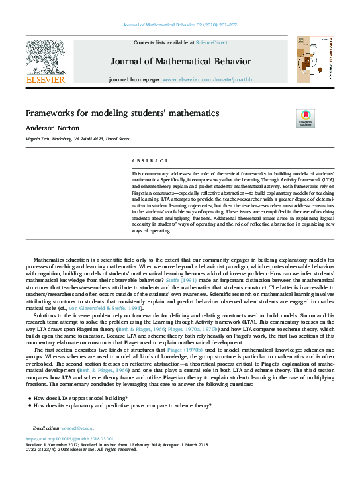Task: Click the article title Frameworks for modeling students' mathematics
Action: click(x=122, y=113)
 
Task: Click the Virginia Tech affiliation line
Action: click(x=77, y=140)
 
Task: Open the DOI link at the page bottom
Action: click(x=69, y=439)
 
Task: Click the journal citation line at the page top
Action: click(x=180, y=25)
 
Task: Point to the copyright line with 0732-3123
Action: click(x=80, y=450)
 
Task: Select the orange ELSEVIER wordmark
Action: click(x=45, y=79)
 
